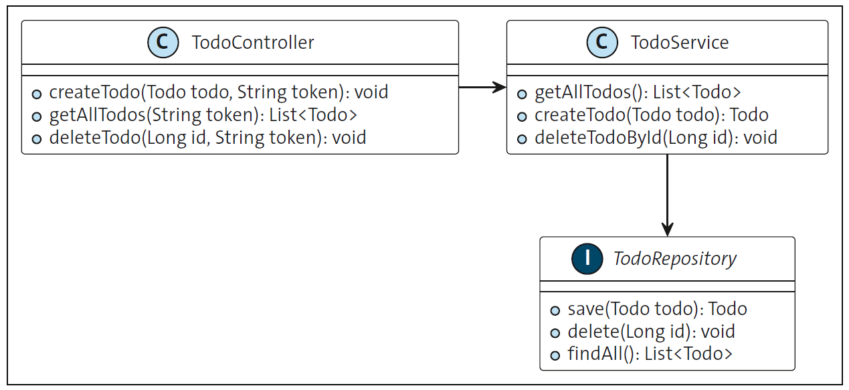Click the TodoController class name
[253, 43]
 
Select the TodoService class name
[680, 43]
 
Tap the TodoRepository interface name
[675, 259]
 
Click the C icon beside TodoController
[163, 43]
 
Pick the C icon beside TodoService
[602, 43]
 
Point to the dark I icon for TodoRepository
[587, 259]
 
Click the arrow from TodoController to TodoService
[482, 87]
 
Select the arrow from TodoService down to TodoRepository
[667, 195]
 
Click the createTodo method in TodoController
[218, 92]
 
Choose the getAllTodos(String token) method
[203, 115]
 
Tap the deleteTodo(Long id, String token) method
[207, 138]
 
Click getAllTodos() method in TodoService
[638, 92]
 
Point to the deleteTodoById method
[656, 138]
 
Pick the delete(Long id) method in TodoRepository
[651, 331]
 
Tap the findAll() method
[650, 354]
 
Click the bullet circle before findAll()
[555, 355]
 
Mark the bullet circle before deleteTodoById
[522, 139]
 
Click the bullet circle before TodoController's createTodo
[37, 94]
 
